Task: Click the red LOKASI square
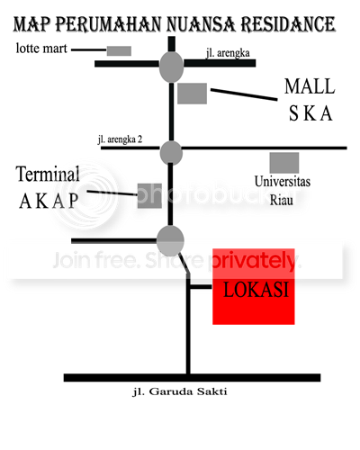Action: pyautogui.click(x=254, y=286)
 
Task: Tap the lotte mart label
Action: pyautogui.click(x=41, y=49)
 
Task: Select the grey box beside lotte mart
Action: pyautogui.click(x=119, y=50)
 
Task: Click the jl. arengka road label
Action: pyautogui.click(x=228, y=53)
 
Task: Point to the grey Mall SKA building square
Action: pyautogui.click(x=192, y=94)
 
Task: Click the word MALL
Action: pyautogui.click(x=310, y=86)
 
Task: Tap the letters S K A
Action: pyautogui.click(x=310, y=113)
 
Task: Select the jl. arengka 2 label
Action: pyautogui.click(x=120, y=139)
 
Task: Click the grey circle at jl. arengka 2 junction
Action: pyautogui.click(x=171, y=153)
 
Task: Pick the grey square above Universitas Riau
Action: pyautogui.click(x=284, y=163)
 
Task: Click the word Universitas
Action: pyautogui.click(x=283, y=182)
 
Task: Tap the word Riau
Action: pyautogui.click(x=282, y=200)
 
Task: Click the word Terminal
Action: pyautogui.click(x=48, y=174)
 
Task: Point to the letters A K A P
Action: pyautogui.click(x=49, y=201)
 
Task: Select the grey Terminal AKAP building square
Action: pyautogui.click(x=149, y=196)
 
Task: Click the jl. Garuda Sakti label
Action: pyautogui.click(x=180, y=391)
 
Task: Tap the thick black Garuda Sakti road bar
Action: pyautogui.click(x=192, y=378)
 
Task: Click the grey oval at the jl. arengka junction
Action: pyautogui.click(x=171, y=67)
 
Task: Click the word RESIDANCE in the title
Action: pyautogui.click(x=288, y=24)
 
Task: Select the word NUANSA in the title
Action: pyautogui.click(x=201, y=24)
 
